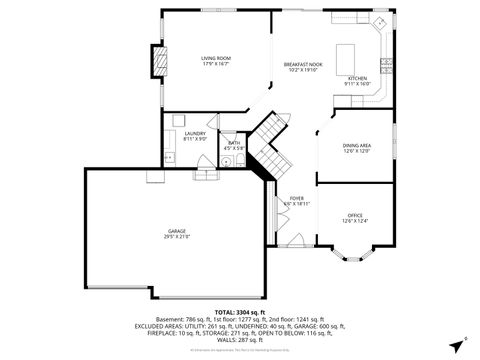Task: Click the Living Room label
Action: (x=215, y=58)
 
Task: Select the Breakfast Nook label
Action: (x=301, y=63)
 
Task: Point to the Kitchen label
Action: (x=357, y=77)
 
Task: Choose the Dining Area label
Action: (x=357, y=144)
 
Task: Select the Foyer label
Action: (x=296, y=198)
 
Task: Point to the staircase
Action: (x=268, y=145)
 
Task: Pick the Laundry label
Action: (x=194, y=133)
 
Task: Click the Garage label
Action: (x=176, y=232)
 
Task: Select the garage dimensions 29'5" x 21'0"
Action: (x=176, y=238)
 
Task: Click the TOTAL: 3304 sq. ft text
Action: (x=239, y=313)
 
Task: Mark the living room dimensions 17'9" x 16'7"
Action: (x=215, y=64)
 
